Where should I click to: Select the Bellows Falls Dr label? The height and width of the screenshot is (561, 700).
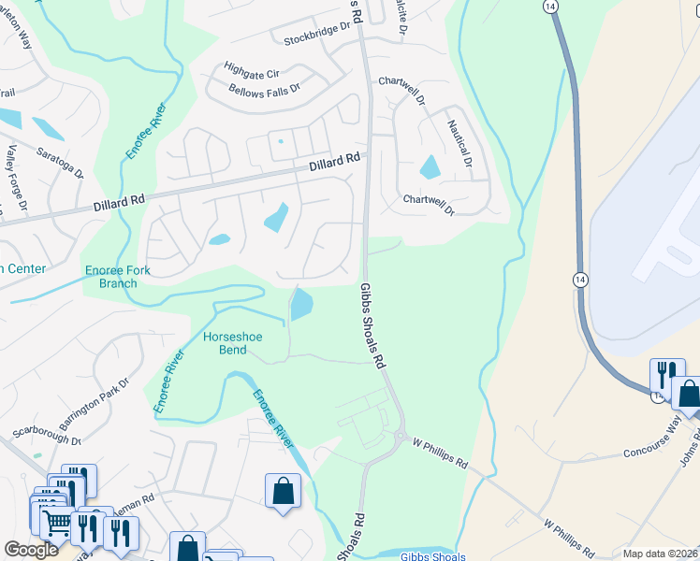264,89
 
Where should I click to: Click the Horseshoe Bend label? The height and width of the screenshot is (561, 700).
226,343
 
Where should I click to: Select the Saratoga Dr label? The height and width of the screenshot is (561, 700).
61,160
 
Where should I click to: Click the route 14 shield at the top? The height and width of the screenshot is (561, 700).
550,7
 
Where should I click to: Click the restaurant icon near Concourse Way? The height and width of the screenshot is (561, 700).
665,376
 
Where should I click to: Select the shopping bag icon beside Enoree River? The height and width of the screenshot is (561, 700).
282,491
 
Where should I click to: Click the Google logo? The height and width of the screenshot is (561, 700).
32,550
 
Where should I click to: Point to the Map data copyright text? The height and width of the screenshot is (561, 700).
660,554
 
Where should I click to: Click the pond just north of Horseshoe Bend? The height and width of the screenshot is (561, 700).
301,304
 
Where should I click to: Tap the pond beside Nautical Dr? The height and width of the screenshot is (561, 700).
430,167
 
